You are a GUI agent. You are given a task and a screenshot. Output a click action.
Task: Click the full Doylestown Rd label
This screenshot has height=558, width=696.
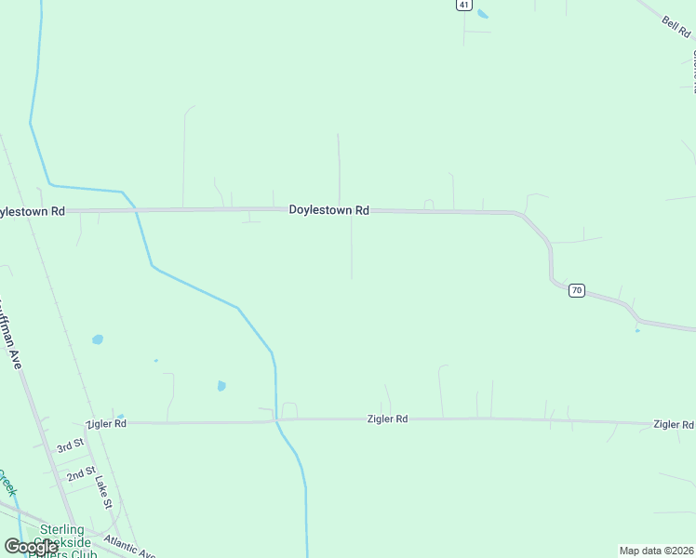[x=328, y=210]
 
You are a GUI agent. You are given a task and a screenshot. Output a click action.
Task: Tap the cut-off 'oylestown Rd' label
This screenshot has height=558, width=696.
[x=33, y=212]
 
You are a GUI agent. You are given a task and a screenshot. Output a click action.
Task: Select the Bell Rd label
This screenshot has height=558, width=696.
[x=676, y=27]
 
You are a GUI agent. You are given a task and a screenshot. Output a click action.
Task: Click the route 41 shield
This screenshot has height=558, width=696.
[x=462, y=5]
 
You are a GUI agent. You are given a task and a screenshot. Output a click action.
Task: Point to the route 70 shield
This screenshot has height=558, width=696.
[x=577, y=290]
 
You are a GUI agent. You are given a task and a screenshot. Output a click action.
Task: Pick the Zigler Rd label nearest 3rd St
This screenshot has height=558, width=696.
[x=105, y=423]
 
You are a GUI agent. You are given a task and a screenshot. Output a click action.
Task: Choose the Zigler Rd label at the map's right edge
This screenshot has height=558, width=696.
[x=673, y=424]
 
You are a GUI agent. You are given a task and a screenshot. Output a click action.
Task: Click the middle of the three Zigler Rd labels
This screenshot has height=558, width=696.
[x=387, y=419]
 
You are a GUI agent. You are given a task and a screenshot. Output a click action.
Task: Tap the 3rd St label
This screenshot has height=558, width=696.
[x=70, y=446]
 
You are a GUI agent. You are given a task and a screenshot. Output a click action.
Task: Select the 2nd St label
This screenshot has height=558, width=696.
[x=81, y=474]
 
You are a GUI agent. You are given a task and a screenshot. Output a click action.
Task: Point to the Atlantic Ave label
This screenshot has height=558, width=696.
[x=130, y=545]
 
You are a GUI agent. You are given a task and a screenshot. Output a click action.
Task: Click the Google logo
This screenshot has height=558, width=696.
[x=30, y=547]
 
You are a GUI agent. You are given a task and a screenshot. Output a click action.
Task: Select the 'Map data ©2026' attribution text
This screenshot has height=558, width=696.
[x=656, y=551]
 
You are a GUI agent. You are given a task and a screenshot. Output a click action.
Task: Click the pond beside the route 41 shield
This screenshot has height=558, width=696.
[x=482, y=14]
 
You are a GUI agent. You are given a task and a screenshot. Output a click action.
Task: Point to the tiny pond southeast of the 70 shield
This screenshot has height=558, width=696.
[x=637, y=330]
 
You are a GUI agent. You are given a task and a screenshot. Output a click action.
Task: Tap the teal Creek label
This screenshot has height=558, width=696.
[x=7, y=484]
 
